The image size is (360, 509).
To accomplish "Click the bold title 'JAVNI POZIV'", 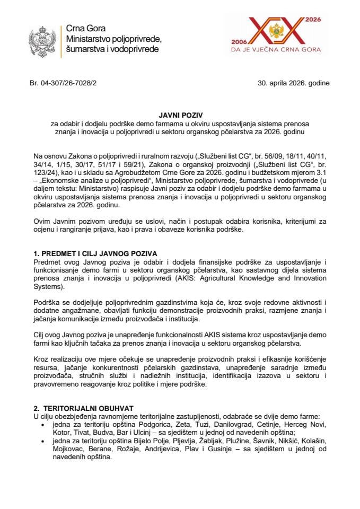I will click(180, 115).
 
